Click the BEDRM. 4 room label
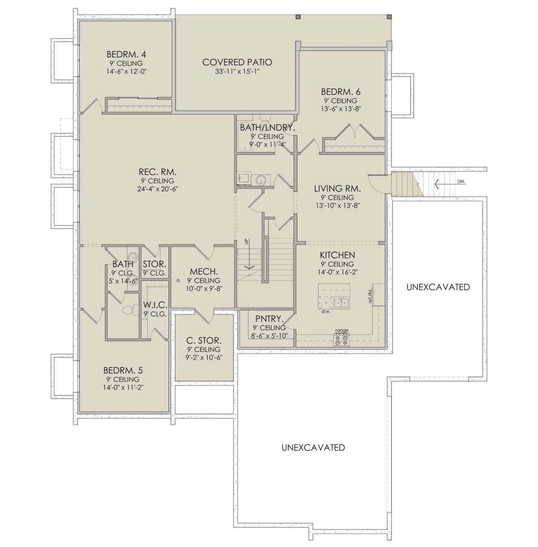(126, 54)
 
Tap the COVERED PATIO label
(237, 62)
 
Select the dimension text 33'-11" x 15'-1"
(238, 72)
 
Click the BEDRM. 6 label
(341, 92)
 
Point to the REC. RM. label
(157, 172)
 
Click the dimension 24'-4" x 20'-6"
(158, 189)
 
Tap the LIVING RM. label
(337, 188)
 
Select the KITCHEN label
(337, 255)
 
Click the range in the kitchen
(342, 340)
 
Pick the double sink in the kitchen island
(341, 302)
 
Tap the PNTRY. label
(268, 318)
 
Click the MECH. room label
(204, 271)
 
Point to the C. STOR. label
(204, 340)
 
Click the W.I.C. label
(155, 305)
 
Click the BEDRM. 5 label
(123, 370)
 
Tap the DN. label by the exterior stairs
(461, 182)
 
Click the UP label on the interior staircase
(247, 241)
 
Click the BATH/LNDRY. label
(268, 127)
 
